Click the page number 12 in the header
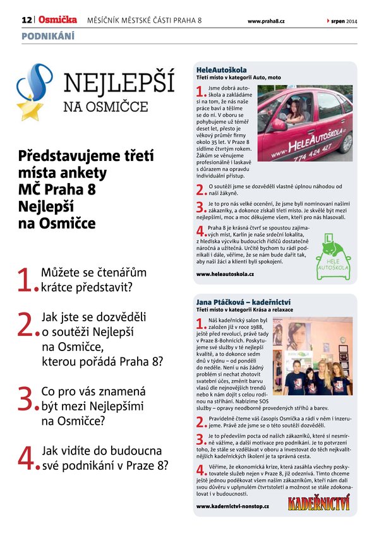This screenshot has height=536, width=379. point(27,21)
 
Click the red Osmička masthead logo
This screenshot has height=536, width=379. point(58,21)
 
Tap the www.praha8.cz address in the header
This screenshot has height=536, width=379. point(266,21)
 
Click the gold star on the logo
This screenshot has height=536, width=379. point(29,109)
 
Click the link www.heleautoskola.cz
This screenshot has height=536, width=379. point(225,275)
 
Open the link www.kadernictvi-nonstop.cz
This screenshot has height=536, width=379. point(232,506)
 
